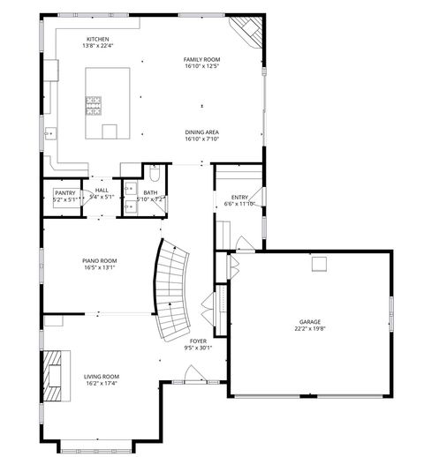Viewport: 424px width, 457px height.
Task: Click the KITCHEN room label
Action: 98,38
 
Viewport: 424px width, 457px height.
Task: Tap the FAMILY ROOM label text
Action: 201,59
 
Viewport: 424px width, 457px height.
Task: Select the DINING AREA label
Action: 201,132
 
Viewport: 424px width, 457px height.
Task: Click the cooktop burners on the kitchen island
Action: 93,106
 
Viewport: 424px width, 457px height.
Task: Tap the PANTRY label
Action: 64,192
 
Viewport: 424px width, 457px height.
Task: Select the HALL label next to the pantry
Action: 102,190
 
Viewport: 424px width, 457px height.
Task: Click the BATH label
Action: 151,192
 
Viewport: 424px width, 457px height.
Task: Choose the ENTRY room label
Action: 239,197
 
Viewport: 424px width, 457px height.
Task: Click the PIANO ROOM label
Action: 100,260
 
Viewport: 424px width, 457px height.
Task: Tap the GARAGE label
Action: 309,322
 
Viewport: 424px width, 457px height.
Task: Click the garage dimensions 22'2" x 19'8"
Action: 309,329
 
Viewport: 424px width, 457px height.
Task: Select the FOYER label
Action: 198,341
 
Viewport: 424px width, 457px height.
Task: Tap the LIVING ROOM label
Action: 102,377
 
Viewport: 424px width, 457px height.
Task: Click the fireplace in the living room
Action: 54,374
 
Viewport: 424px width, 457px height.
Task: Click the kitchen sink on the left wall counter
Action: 49,134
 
